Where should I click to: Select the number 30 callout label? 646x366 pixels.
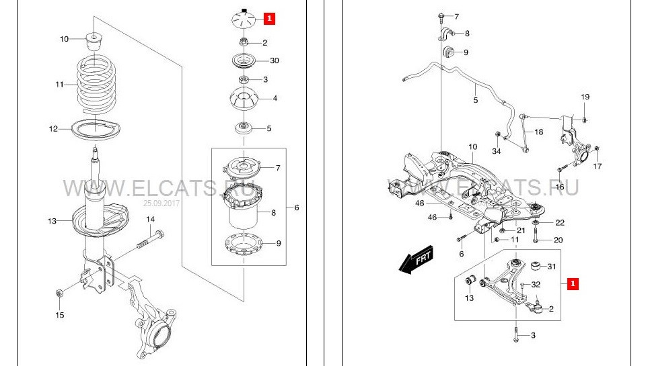274,60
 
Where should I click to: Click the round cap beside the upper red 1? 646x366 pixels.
244,19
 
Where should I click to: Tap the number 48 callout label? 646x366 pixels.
419,203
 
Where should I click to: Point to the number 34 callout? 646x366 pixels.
496,150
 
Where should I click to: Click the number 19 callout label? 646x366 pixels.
585,97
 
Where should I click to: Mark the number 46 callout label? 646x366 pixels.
433,217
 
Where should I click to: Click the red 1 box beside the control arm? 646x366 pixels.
573,284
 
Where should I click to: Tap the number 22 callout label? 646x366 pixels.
559,222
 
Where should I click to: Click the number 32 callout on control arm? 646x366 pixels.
536,285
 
